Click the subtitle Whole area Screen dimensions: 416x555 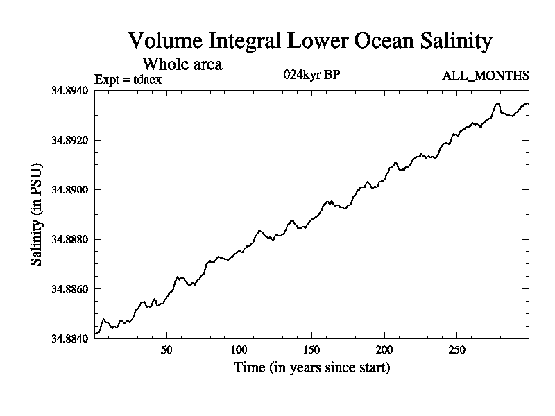click(x=182, y=64)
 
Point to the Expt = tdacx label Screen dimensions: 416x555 click(x=128, y=79)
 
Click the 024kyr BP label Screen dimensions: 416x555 click(x=311, y=75)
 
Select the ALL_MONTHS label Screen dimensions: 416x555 click(x=486, y=76)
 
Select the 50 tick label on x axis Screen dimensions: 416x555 click(x=166, y=349)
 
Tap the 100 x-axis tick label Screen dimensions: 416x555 click(x=239, y=349)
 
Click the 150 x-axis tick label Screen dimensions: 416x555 click(x=311, y=349)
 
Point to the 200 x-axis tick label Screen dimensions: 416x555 click(x=384, y=349)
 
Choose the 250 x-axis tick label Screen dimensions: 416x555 click(x=456, y=349)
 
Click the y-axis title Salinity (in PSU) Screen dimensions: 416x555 click(x=35, y=215)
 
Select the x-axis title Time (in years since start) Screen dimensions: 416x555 click(x=311, y=367)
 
